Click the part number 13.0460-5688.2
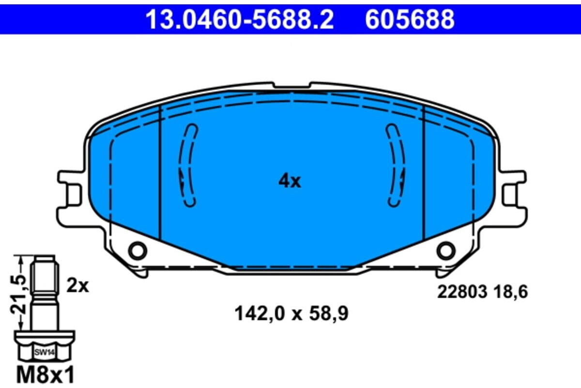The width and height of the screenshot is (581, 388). (x=240, y=20)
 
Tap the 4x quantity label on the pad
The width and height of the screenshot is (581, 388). (x=290, y=182)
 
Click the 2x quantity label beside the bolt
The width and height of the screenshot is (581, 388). (x=78, y=286)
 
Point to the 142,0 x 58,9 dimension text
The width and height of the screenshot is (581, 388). (x=291, y=314)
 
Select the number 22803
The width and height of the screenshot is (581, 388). (x=460, y=292)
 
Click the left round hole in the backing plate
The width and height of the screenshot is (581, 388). (x=138, y=250)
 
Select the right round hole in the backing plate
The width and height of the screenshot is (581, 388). (x=445, y=250)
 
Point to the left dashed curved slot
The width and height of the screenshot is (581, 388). (x=187, y=165)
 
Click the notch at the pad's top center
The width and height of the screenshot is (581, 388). (x=291, y=86)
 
